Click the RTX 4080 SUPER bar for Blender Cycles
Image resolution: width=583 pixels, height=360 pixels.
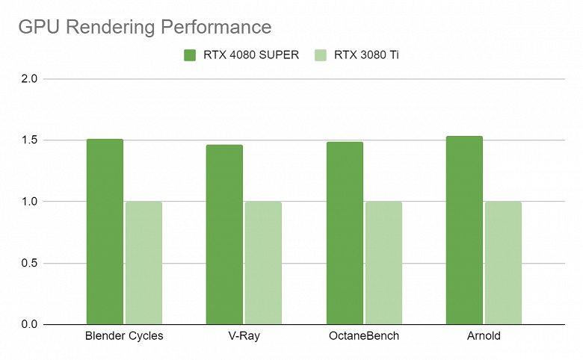[105, 232]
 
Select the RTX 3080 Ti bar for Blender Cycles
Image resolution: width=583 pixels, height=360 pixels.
[144, 262]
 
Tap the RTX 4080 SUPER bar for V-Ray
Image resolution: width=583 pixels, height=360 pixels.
[224, 235]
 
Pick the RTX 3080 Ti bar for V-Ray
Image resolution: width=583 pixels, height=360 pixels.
[263, 262]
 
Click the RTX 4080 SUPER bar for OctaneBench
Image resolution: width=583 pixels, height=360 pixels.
[345, 233]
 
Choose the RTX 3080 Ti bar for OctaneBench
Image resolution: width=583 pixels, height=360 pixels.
[383, 262]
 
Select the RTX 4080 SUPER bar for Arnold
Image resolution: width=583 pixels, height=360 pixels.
[464, 230]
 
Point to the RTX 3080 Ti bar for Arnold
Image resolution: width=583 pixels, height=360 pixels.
[503, 262]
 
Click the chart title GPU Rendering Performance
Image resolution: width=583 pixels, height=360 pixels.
[144, 28]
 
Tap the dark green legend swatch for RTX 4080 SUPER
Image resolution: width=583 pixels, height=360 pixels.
[190, 55]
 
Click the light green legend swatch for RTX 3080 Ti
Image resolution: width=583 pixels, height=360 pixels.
[321, 55]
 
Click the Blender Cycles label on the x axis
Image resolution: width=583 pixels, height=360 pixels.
[124, 336]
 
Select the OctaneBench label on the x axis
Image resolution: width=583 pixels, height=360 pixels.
[364, 336]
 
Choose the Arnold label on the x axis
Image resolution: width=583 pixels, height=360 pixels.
[484, 336]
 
